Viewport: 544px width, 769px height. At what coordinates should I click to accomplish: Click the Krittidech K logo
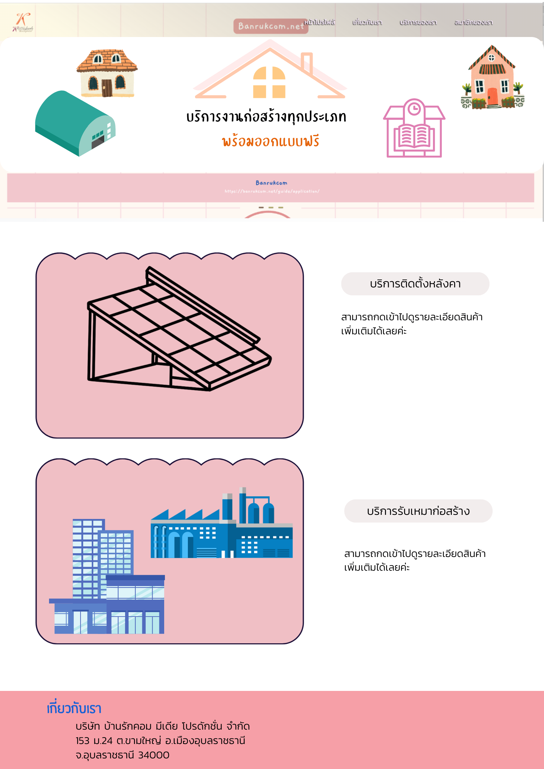[x=23, y=22]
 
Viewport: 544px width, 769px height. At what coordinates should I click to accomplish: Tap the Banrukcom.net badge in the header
[x=270, y=26]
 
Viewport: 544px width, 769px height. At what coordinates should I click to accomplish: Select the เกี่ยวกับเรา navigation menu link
[x=367, y=22]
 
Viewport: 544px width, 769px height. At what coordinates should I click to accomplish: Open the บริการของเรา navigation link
[x=418, y=22]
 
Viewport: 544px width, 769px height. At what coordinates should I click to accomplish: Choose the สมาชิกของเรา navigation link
[x=473, y=22]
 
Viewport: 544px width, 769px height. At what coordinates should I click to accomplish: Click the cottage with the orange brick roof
[x=107, y=73]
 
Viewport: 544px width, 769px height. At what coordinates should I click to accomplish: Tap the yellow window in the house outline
[x=269, y=83]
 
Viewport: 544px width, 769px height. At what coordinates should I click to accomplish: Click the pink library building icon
[x=414, y=129]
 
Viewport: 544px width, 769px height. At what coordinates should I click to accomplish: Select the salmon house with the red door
[x=492, y=79]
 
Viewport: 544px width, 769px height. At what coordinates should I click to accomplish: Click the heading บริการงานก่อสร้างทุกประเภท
[x=266, y=117]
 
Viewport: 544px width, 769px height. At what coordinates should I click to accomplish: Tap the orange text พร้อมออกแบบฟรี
[x=270, y=141]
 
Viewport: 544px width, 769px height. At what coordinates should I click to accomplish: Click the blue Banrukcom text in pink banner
[x=271, y=183]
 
